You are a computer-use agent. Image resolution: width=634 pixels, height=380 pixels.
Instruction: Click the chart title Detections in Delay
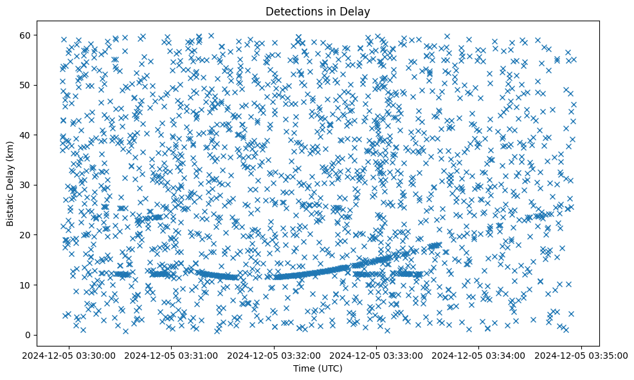[318, 11]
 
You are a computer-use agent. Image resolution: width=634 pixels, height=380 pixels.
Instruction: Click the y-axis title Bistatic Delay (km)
[10, 184]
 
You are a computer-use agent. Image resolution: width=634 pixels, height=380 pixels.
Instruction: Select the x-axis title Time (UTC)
[318, 368]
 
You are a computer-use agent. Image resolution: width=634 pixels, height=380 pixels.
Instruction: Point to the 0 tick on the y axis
[28, 335]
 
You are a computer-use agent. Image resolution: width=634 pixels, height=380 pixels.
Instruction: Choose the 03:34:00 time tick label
[480, 354]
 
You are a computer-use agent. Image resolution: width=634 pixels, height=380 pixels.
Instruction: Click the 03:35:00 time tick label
[582, 354]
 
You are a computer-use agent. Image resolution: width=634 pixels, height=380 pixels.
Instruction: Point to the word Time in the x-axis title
[303, 368]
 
